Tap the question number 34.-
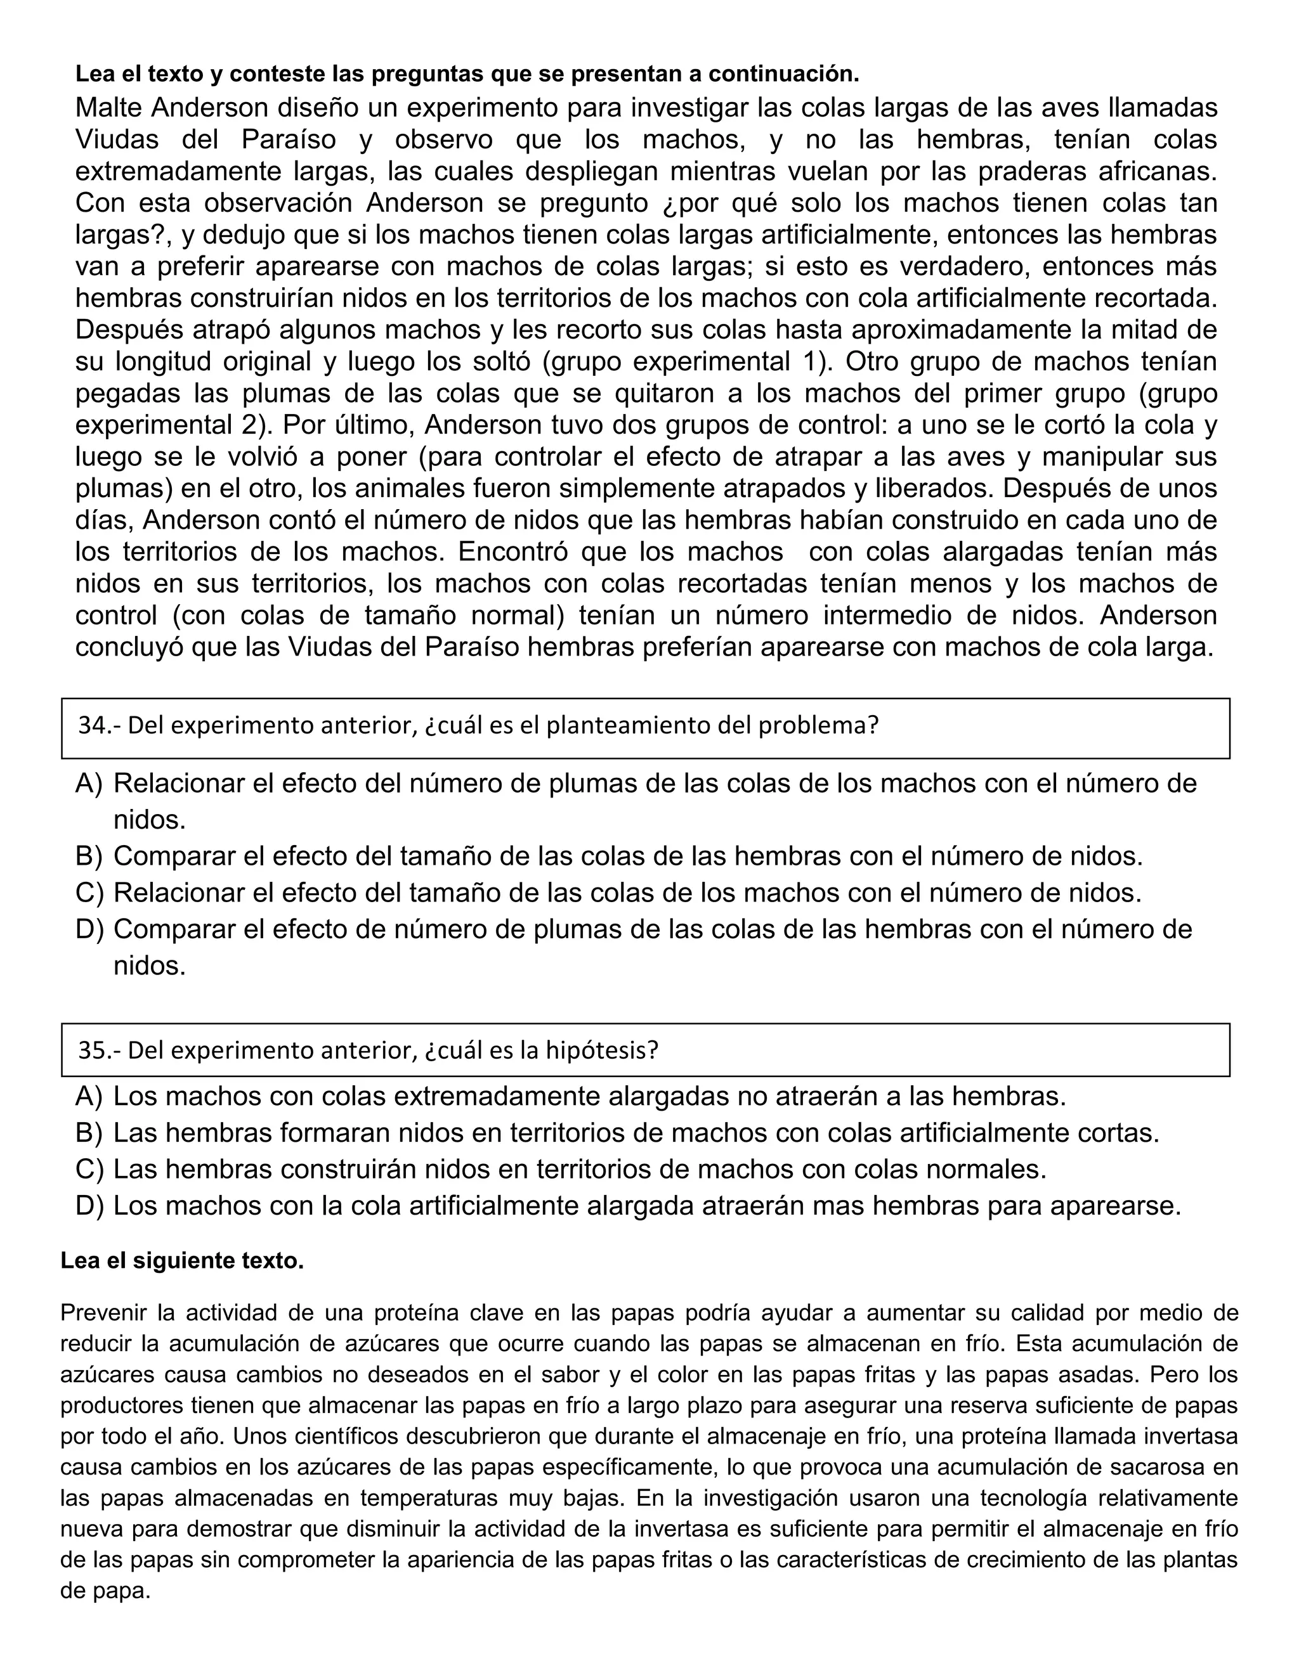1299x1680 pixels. pyautogui.click(x=100, y=725)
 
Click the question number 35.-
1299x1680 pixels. pyautogui.click(x=100, y=1050)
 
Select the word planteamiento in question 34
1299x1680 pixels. pyautogui.click(x=629, y=725)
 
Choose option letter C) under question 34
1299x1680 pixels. pyautogui.click(x=89, y=893)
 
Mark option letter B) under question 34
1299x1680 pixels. pyautogui.click(x=89, y=855)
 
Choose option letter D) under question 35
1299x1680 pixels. pyautogui.click(x=89, y=1205)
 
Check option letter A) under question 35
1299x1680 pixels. pyautogui.click(x=89, y=1096)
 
